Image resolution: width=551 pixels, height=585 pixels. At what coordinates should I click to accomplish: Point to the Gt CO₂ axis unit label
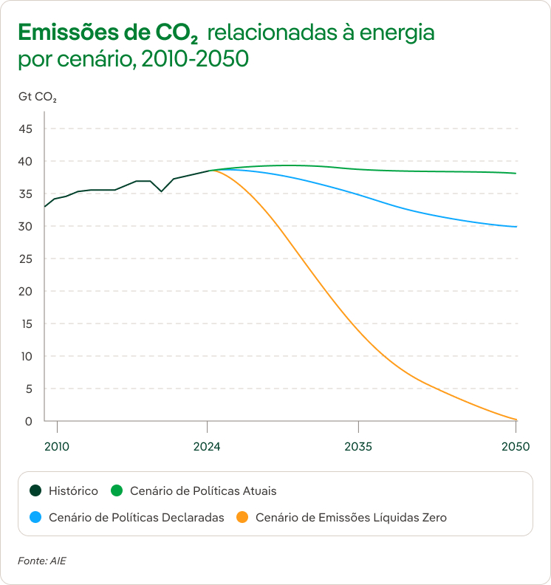point(37,97)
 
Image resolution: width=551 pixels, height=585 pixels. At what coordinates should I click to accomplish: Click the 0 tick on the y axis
point(29,422)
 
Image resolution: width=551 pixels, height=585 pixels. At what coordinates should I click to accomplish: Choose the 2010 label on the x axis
point(57,447)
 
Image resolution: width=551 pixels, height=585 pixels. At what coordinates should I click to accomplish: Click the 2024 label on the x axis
point(208,447)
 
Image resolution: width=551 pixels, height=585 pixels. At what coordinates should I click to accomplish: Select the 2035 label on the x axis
point(358,447)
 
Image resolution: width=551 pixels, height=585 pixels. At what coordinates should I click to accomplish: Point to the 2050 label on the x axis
point(516,447)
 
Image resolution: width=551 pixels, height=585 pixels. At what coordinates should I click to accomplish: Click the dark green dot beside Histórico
point(35,490)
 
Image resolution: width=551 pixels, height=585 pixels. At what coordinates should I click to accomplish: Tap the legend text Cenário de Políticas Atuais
point(203,490)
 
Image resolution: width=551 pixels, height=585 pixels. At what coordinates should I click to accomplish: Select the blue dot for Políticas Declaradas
point(35,518)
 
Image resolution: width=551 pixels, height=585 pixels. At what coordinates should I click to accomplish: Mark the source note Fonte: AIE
point(42,561)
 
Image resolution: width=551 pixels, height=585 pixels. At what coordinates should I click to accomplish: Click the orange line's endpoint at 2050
point(516,420)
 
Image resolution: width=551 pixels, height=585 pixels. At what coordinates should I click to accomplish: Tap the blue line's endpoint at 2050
point(516,227)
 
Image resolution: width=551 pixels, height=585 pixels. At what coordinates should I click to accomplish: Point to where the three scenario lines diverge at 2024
point(209,171)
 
